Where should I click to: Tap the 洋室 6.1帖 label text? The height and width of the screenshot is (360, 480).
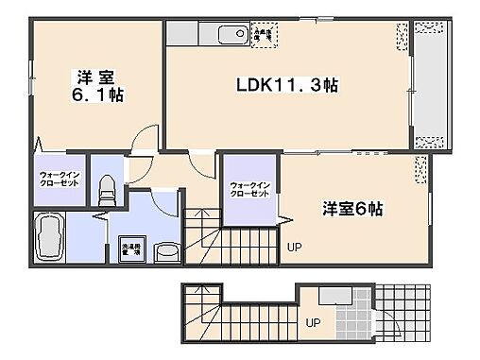point(95,86)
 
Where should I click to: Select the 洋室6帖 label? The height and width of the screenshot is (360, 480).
point(351,209)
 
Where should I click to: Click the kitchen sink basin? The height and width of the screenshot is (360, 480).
point(231,36)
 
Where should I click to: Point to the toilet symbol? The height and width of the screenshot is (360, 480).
point(107,188)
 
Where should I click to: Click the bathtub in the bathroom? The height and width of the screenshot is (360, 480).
point(48,238)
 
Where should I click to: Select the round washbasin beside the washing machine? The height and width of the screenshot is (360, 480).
point(166,251)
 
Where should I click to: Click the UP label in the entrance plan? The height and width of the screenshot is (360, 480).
point(311,322)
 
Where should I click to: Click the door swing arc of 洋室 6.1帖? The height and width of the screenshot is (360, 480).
point(142,142)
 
